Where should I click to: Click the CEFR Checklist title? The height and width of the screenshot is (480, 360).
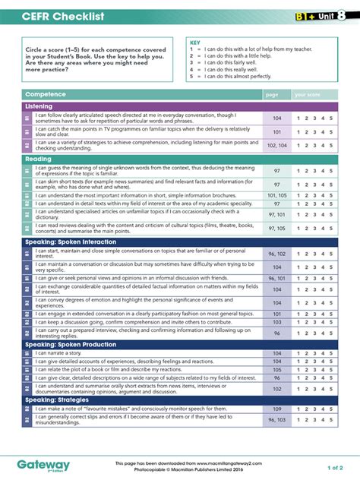(58, 17)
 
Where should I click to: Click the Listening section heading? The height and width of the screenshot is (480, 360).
(39, 106)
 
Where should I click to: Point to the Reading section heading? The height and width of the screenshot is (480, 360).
(38, 159)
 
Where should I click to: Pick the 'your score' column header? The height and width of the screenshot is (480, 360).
(310, 94)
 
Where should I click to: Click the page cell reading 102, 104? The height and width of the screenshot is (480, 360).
(277, 145)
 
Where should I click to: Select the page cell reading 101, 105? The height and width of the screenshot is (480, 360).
(277, 195)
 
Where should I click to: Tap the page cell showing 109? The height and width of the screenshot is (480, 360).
(277, 409)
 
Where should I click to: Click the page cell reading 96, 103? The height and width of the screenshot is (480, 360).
(277, 420)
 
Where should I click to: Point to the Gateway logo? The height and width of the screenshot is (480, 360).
(43, 465)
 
